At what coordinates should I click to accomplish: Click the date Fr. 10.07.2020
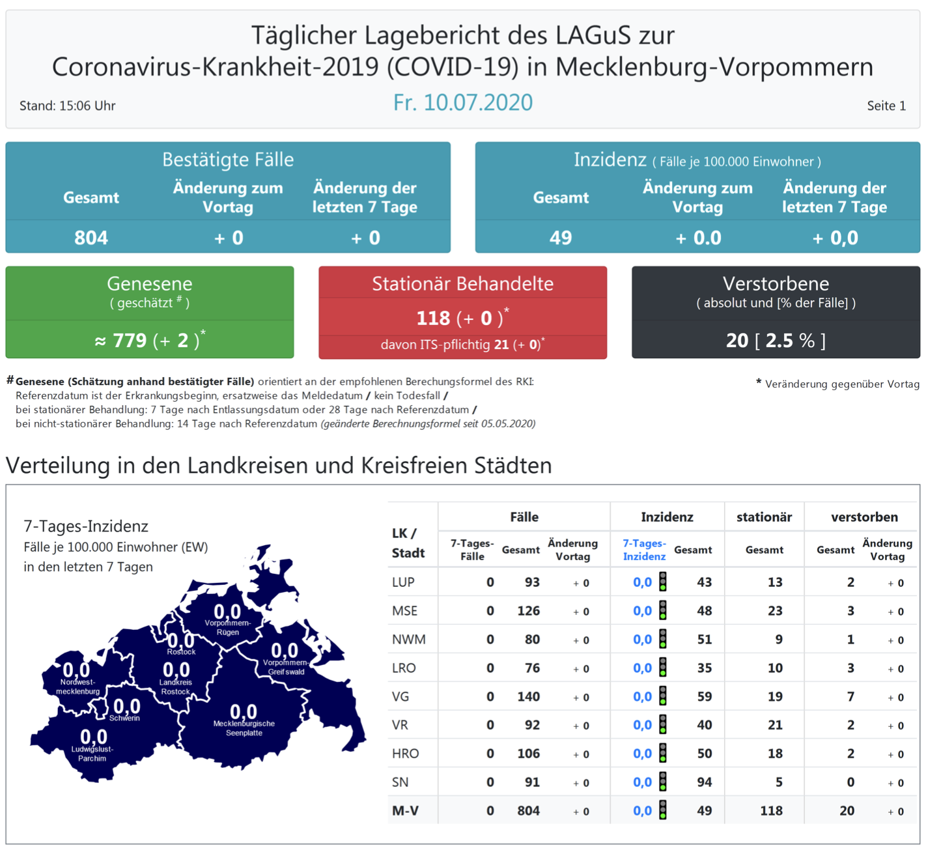462,103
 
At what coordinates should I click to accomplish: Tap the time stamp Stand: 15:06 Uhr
67,106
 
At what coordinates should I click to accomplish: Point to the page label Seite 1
886,106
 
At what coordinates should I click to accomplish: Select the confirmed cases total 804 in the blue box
91,238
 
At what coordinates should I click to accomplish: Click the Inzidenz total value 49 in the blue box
560,238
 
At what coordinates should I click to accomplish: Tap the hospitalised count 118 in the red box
433,318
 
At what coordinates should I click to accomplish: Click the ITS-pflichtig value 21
501,345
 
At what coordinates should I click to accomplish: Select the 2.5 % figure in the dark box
789,340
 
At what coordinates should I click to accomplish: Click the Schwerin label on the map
124,718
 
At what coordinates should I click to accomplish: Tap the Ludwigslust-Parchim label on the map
92,754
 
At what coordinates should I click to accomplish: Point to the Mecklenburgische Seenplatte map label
244,728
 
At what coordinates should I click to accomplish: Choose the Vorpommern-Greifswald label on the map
285,667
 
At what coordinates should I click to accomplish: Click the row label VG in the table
400,696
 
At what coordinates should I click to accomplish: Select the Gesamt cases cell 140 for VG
528,696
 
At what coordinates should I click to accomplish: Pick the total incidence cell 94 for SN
704,782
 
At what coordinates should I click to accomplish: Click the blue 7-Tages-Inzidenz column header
644,550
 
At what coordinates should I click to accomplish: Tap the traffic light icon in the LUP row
663,582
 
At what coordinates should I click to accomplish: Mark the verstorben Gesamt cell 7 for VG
850,696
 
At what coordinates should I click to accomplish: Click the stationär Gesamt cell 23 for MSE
774,611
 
